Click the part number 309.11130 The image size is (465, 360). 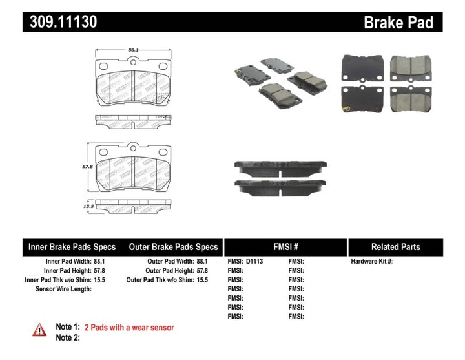pos(63,22)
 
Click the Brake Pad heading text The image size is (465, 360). pos(398,22)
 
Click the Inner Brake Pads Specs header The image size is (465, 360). pos(72,247)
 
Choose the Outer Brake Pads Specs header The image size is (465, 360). pos(174,247)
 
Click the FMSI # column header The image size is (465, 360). pos(285,247)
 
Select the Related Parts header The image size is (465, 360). pos(395,247)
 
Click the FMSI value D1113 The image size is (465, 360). pos(254,262)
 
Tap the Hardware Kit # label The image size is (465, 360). pos(371,262)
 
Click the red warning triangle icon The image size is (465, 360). pos(40,330)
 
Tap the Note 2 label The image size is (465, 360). pos(68,337)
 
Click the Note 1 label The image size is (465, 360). pos(68,328)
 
